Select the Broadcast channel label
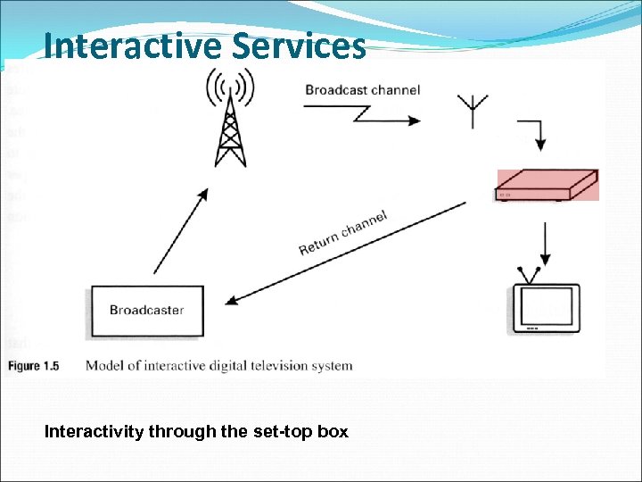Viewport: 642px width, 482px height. click(362, 90)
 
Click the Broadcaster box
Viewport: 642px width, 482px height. click(147, 311)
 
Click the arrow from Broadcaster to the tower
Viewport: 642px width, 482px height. click(180, 230)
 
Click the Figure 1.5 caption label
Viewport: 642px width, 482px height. click(34, 365)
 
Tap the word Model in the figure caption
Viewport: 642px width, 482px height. click(103, 365)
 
